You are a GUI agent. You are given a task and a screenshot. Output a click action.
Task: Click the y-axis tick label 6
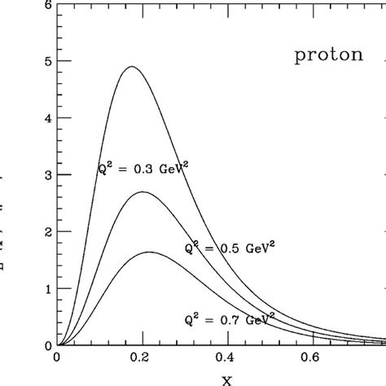[50, 6]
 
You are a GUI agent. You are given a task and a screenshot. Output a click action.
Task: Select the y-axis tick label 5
[50, 61]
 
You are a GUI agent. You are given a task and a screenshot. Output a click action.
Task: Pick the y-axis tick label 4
[50, 118]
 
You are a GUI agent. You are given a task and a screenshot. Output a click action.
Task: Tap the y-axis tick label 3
[50, 175]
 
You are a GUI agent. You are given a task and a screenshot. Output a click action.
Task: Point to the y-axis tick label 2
[50, 232]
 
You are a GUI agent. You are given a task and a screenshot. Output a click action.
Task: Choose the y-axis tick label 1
[50, 289]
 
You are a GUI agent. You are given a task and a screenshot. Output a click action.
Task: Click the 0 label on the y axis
[50, 345]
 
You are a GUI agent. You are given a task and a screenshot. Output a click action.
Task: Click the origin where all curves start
[57, 345]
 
